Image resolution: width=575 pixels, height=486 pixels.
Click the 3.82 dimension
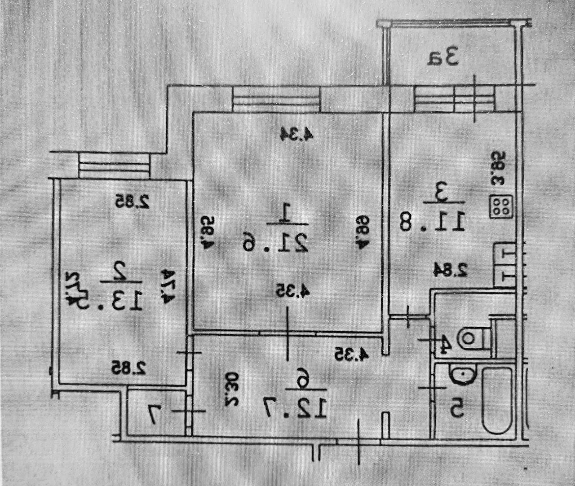coord(499,168)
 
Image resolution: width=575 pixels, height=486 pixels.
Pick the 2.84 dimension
coord(451,270)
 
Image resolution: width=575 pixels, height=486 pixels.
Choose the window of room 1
coord(276,99)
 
